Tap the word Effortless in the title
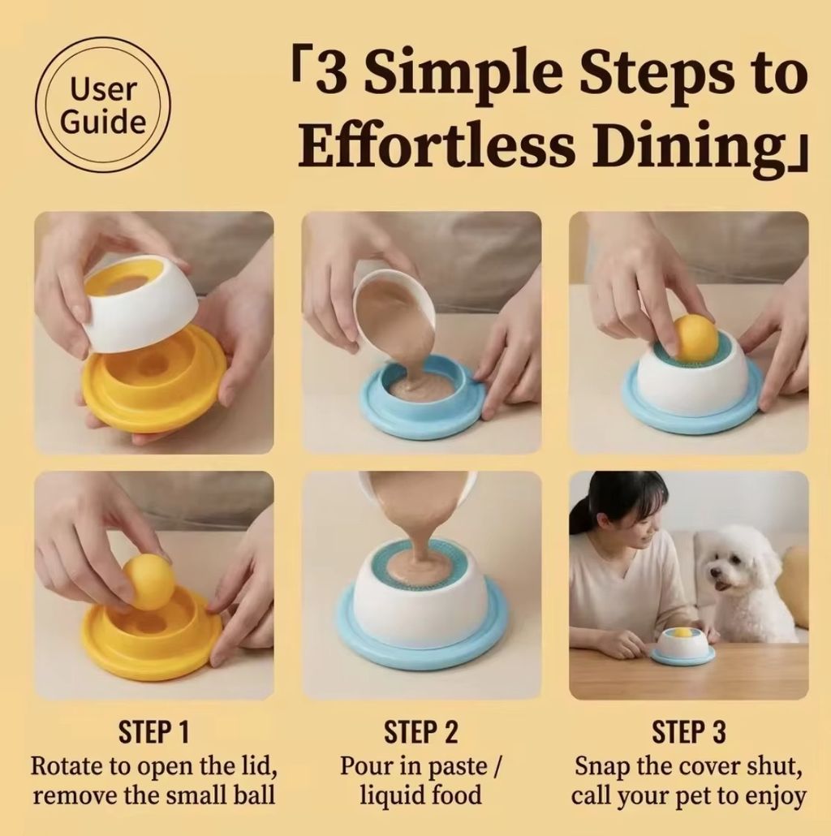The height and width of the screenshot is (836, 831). [x=437, y=145]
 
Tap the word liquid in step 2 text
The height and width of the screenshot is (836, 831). [x=385, y=795]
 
